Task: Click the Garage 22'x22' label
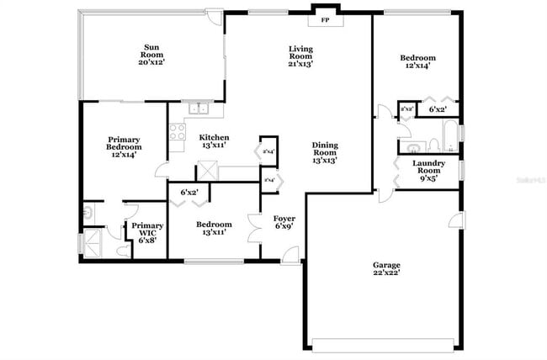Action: click(386, 269)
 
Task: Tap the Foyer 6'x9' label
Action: click(284, 222)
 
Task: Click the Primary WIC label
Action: click(147, 232)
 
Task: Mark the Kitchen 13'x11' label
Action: click(214, 141)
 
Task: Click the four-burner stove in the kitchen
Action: click(177, 131)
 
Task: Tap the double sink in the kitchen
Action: click(199, 109)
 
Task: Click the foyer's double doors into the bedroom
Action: click(254, 228)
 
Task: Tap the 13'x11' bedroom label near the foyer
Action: click(214, 229)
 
